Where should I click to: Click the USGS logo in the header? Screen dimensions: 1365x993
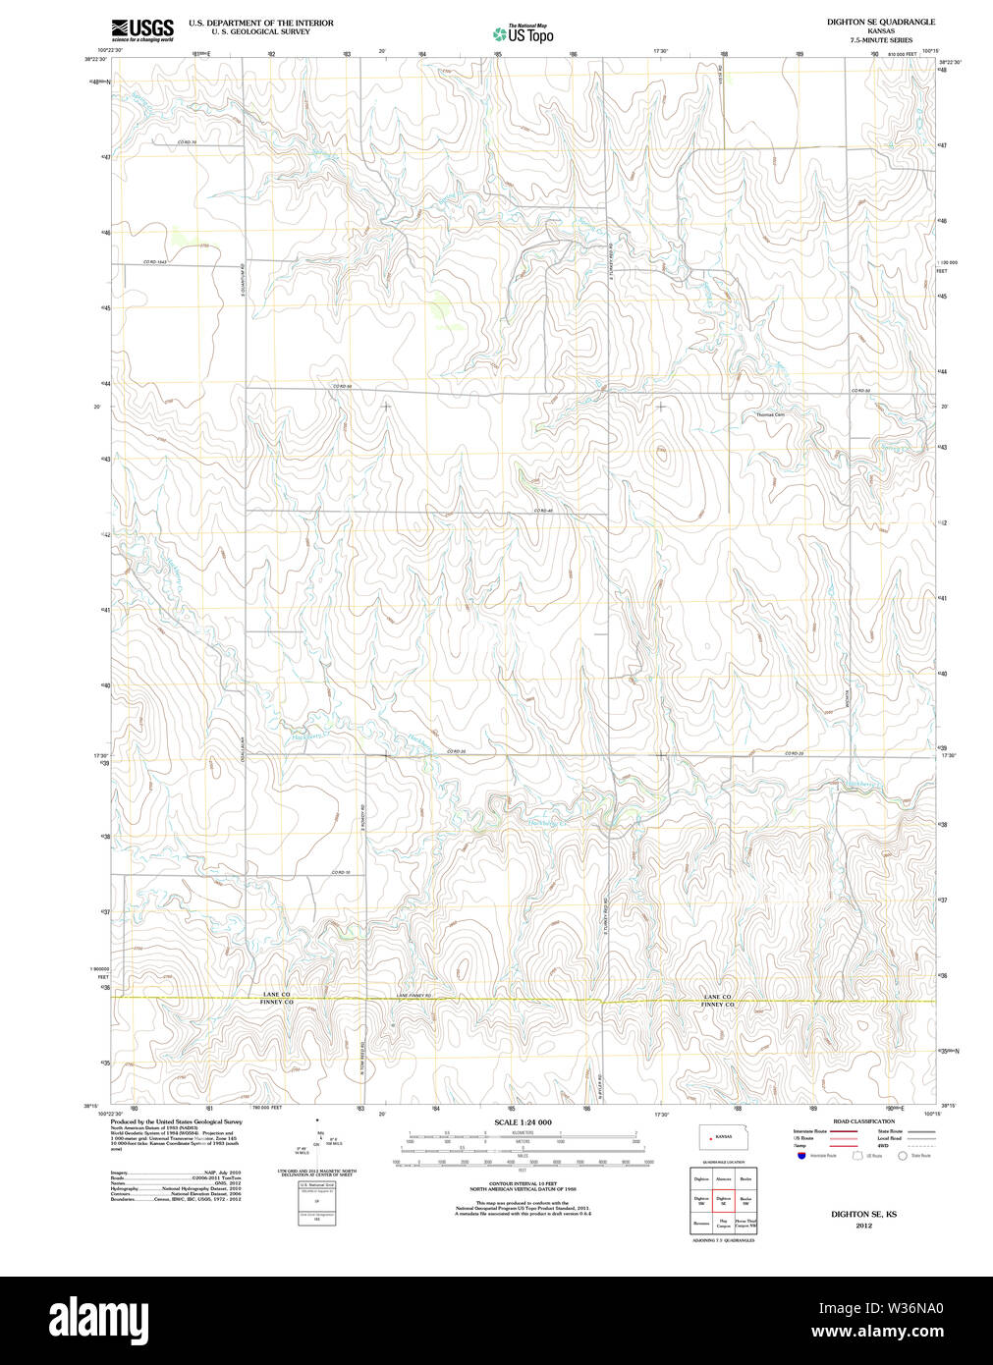(142, 29)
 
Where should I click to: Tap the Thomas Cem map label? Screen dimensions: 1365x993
(770, 415)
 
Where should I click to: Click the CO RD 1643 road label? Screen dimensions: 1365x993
(156, 262)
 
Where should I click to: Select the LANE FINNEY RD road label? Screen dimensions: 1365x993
(414, 996)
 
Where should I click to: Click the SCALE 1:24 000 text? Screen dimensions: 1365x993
(523, 1122)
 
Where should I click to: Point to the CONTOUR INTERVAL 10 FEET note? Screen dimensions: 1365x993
(523, 1183)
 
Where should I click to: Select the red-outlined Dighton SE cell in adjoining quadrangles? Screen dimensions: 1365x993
(723, 1199)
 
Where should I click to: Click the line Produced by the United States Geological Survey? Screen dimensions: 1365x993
(176, 1121)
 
